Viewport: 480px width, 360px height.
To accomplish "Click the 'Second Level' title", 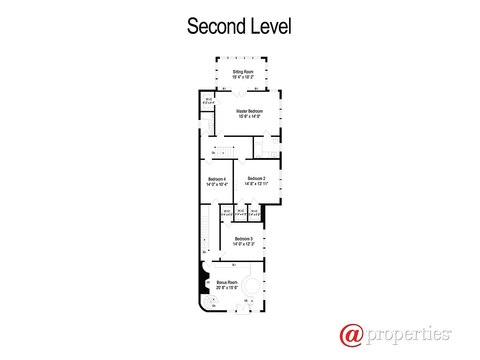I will point(239,26).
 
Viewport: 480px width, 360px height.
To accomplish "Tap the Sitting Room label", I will point(243,72).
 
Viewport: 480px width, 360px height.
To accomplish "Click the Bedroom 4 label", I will point(217,179).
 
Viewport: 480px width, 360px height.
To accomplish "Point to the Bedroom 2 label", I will point(256,178).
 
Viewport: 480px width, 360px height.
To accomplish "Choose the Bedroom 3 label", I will point(244,239).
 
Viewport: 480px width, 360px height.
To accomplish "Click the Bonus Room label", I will point(227,283).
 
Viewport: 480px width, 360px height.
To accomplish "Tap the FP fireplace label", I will point(208,283).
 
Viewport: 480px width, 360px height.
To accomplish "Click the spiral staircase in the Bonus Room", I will point(209,300).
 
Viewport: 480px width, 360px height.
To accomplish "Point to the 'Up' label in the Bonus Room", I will point(246,300).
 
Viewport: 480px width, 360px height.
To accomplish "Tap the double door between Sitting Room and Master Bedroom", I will point(240,93).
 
